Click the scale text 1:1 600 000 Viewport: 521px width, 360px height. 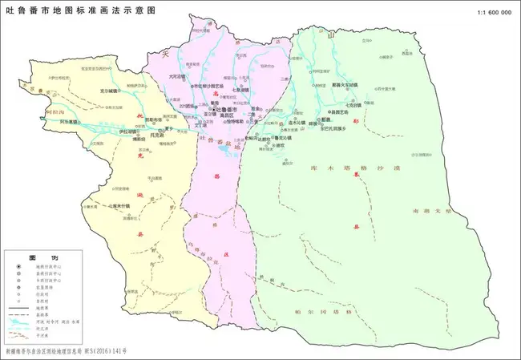(x=494, y=13)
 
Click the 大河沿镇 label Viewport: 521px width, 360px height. (x=176, y=77)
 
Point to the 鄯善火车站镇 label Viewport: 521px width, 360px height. (x=343, y=83)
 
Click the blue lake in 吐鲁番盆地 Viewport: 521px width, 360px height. (x=232, y=151)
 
